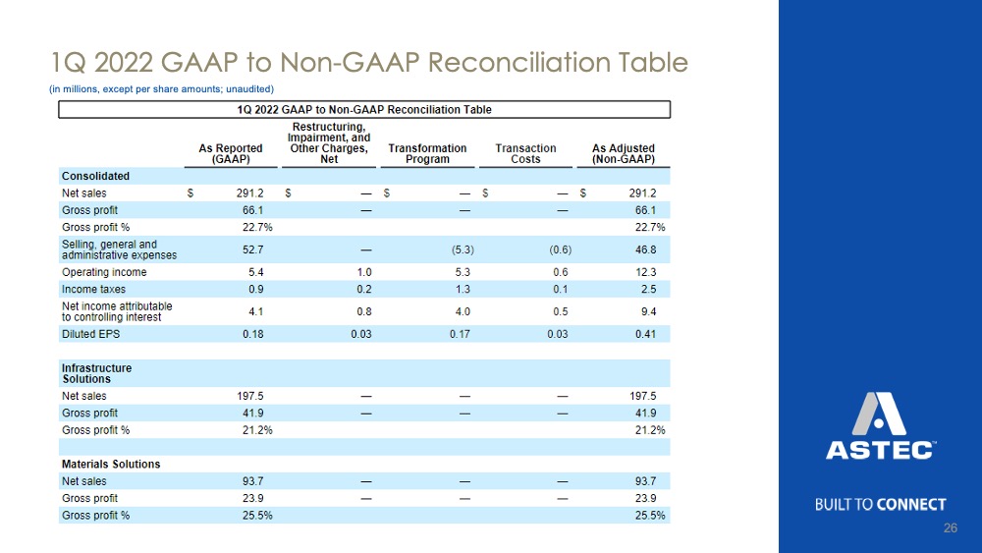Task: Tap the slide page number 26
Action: coord(950,527)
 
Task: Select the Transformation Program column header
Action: coord(427,153)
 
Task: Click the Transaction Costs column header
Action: coord(525,153)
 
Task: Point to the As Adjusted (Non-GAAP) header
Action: coord(624,153)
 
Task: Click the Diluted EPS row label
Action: coord(90,334)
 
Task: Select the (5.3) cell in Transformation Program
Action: coord(463,249)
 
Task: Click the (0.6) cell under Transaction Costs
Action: coord(561,249)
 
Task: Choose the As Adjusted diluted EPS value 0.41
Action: coord(646,334)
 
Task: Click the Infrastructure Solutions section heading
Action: coord(96,373)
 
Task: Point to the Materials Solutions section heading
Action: coord(111,464)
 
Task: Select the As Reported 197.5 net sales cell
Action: coord(249,396)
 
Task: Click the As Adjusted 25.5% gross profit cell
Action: coord(650,516)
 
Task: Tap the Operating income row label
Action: coord(104,272)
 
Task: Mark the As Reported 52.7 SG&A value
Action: coord(253,249)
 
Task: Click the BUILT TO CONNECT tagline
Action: coord(880,505)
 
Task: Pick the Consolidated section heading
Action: coord(95,176)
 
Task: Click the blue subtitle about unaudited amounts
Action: coord(162,89)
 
